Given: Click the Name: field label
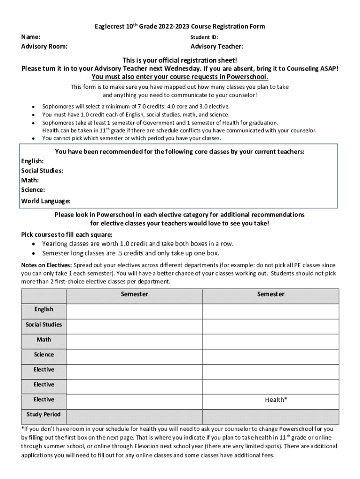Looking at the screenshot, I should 30,36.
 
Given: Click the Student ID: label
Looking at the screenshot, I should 204,37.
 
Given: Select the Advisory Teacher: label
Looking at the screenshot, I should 216,46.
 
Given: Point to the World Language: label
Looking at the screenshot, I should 46,201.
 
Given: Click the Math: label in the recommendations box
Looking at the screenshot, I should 30,180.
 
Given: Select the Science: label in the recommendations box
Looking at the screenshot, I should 33,190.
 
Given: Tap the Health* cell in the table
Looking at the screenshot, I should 276,399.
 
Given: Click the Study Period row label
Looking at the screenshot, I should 43,414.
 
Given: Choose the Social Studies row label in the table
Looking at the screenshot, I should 43,325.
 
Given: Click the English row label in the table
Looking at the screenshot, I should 43,309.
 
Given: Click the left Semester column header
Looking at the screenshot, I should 134,294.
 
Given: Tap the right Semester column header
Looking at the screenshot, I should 270,294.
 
